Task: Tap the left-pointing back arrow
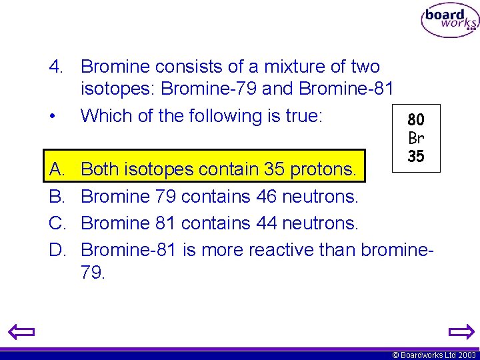[21, 331]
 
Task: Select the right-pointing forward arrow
[459, 331]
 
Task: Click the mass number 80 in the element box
[416, 120]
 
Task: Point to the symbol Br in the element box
[416, 138]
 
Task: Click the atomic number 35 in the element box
[416, 157]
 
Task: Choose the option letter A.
[57, 169]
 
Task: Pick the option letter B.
[57, 196]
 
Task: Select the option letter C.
[57, 223]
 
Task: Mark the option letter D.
[57, 249]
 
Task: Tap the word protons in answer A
[323, 169]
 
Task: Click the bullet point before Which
[51, 117]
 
